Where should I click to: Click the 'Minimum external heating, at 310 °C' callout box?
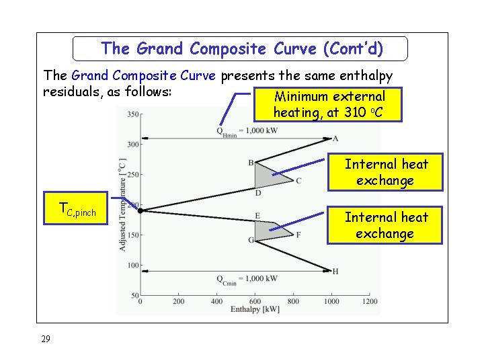click(x=329, y=105)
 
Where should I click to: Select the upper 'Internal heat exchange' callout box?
click(x=386, y=172)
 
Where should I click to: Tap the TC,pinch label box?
click(x=77, y=211)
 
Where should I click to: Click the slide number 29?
click(x=45, y=339)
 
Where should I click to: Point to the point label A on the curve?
click(x=336, y=139)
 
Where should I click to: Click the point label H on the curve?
click(x=335, y=272)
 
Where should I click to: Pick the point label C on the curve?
click(x=298, y=181)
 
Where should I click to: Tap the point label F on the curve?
click(x=298, y=235)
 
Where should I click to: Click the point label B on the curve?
click(x=251, y=163)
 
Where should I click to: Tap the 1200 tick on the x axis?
click(x=370, y=302)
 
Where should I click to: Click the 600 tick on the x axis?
click(x=255, y=302)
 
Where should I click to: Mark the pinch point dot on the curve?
click(x=140, y=210)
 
